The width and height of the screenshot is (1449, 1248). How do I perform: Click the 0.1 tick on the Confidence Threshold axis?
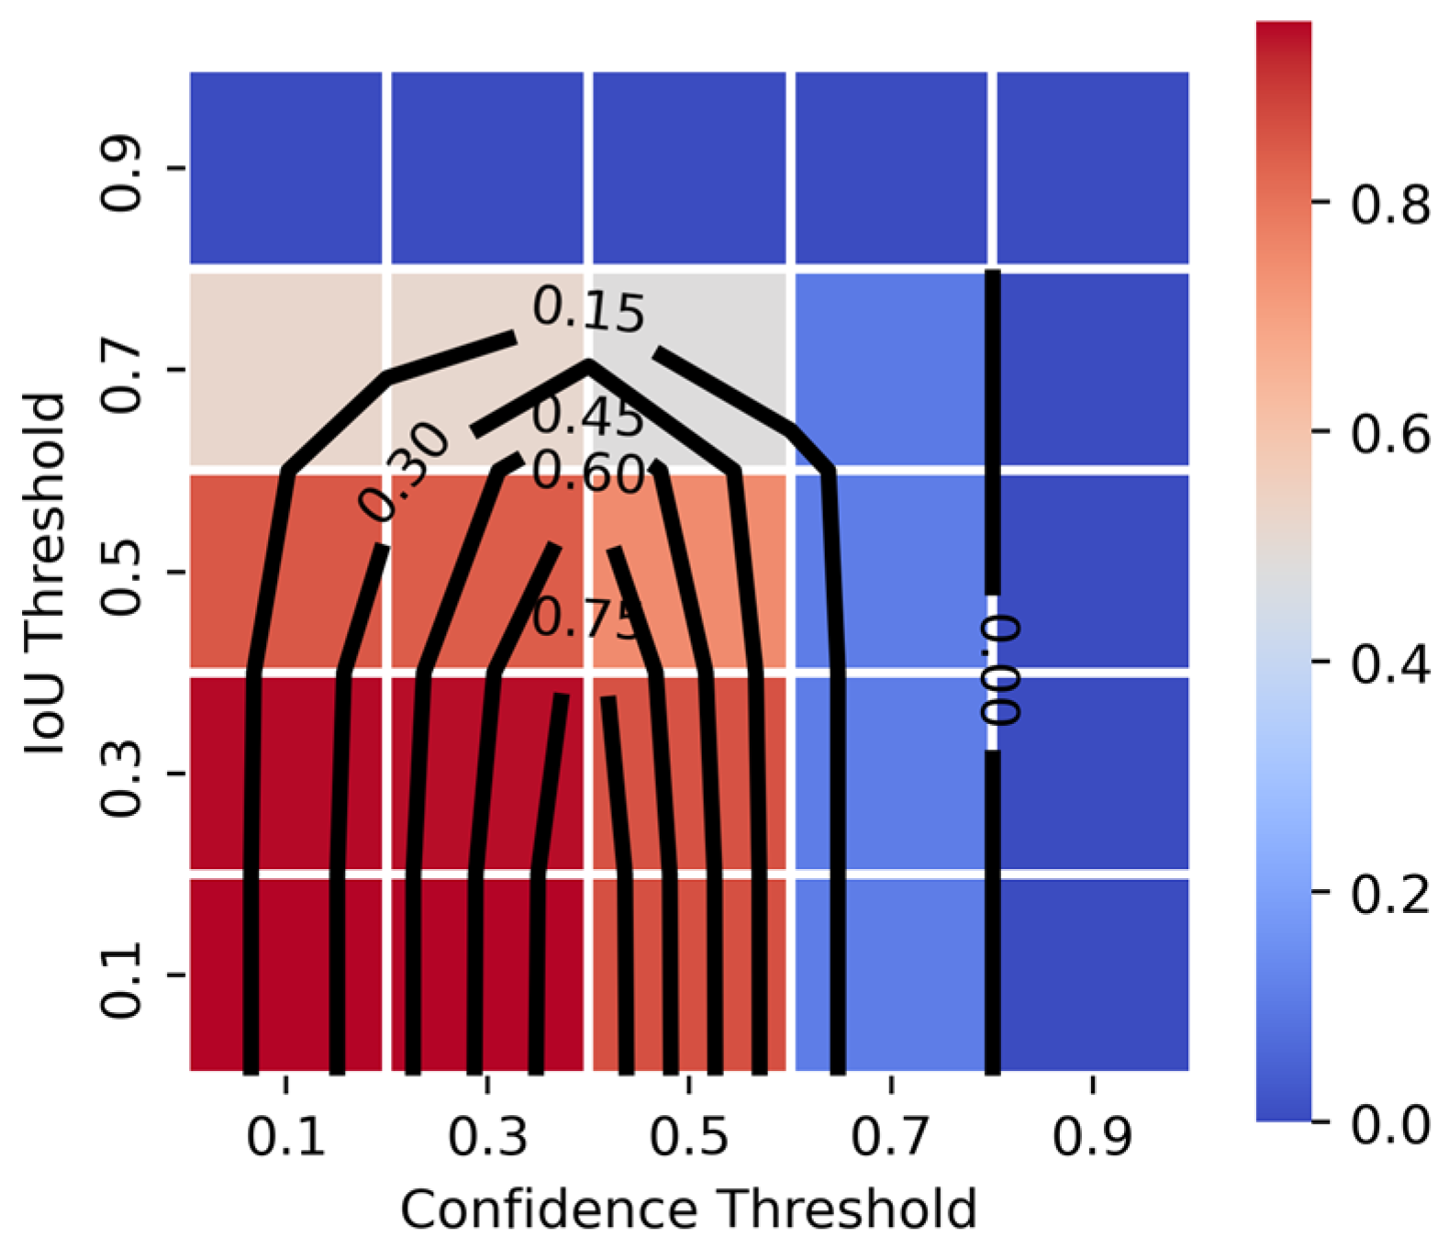[285, 1084]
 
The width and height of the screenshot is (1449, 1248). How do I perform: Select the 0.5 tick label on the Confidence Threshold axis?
[689, 1137]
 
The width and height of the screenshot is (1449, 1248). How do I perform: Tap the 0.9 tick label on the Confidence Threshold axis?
[1092, 1137]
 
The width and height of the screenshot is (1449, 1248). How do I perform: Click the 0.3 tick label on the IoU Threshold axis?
[120, 774]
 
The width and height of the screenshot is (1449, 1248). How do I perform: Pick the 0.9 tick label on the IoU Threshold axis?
[120, 168]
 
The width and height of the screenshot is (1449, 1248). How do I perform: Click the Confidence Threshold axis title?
[688, 1209]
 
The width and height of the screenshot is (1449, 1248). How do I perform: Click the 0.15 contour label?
[588, 310]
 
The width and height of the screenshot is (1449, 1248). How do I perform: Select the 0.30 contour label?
[404, 473]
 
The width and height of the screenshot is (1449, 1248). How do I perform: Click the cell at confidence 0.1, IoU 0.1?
[285, 975]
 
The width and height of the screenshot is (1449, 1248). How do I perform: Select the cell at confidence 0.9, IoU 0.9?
[1093, 168]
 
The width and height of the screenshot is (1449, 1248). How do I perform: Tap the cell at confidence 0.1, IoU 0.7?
[285, 370]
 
